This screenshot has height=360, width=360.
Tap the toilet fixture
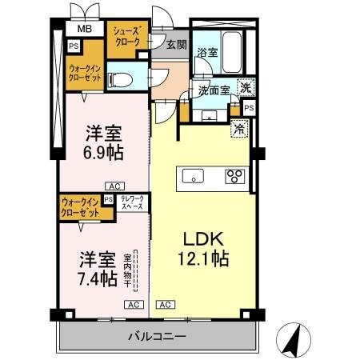[116, 79]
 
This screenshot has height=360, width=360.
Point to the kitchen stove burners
[235, 177]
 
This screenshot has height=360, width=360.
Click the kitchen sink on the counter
[192, 176]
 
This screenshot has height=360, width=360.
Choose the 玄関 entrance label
[176, 45]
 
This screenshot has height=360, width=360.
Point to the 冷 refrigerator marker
[238, 127]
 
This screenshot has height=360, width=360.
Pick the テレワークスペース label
[132, 202]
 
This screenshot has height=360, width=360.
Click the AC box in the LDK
[166, 305]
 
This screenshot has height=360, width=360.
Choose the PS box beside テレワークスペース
[108, 202]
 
